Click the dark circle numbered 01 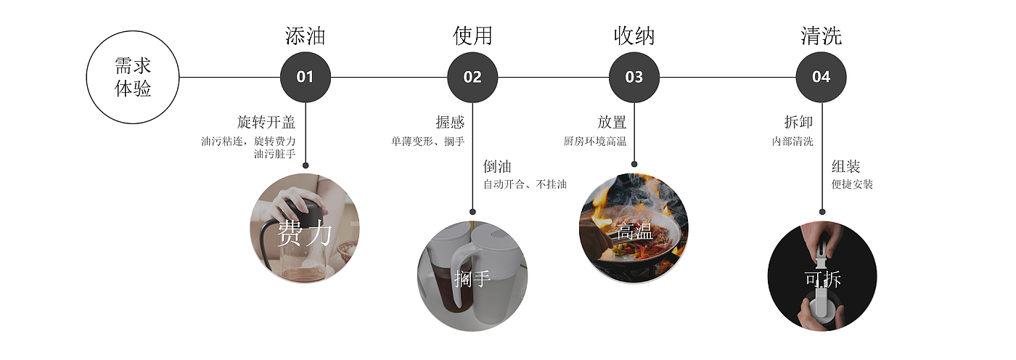click(x=306, y=77)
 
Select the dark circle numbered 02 click(x=472, y=77)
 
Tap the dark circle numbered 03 click(x=634, y=77)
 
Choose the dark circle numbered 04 click(x=821, y=77)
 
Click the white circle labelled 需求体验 click(x=133, y=77)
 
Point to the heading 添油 click(x=306, y=36)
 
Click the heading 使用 click(x=472, y=36)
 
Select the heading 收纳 click(x=634, y=36)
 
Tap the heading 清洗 click(x=821, y=36)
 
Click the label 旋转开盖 click(x=266, y=122)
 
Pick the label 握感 click(x=449, y=122)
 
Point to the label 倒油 click(x=497, y=167)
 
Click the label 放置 click(x=612, y=122)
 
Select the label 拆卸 click(x=798, y=122)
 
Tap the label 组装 click(x=845, y=167)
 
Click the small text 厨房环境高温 click(x=594, y=142)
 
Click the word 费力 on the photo click(x=304, y=234)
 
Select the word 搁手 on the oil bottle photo click(x=472, y=278)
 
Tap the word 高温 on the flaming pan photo click(x=634, y=232)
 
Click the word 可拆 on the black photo click(x=822, y=279)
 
